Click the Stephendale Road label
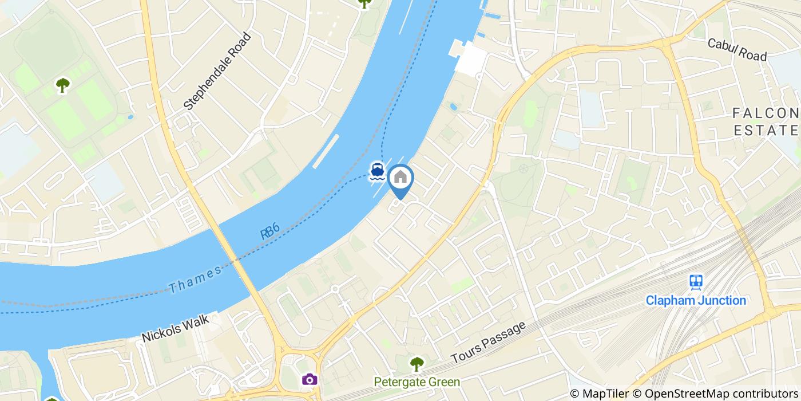217,72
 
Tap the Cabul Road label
736,50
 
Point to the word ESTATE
767,131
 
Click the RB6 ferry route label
269,232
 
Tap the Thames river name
195,280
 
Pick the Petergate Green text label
417,382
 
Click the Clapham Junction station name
696,300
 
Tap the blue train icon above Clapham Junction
696,281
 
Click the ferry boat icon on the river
376,171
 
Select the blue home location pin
400,179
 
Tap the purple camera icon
310,379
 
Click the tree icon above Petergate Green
417,363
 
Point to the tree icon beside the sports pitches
62,85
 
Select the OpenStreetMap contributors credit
720,394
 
